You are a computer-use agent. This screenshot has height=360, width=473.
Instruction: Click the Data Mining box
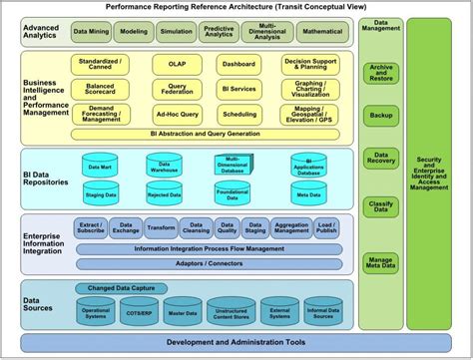(92, 32)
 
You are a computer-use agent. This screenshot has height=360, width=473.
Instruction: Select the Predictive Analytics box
(220, 32)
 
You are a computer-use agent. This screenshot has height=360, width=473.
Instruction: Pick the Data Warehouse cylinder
(165, 165)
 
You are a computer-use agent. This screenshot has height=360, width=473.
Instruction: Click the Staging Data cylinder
(101, 194)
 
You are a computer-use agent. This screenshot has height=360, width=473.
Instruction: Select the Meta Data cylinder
(308, 194)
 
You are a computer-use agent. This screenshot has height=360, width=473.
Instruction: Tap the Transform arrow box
(160, 227)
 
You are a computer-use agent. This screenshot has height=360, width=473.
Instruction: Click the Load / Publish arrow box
(325, 227)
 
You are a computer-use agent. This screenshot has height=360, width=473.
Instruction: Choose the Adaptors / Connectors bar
(208, 264)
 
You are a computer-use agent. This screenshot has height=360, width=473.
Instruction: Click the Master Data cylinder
(183, 311)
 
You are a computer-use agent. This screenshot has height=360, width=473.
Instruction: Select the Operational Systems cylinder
(97, 311)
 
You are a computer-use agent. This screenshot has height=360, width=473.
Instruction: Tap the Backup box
(380, 115)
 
